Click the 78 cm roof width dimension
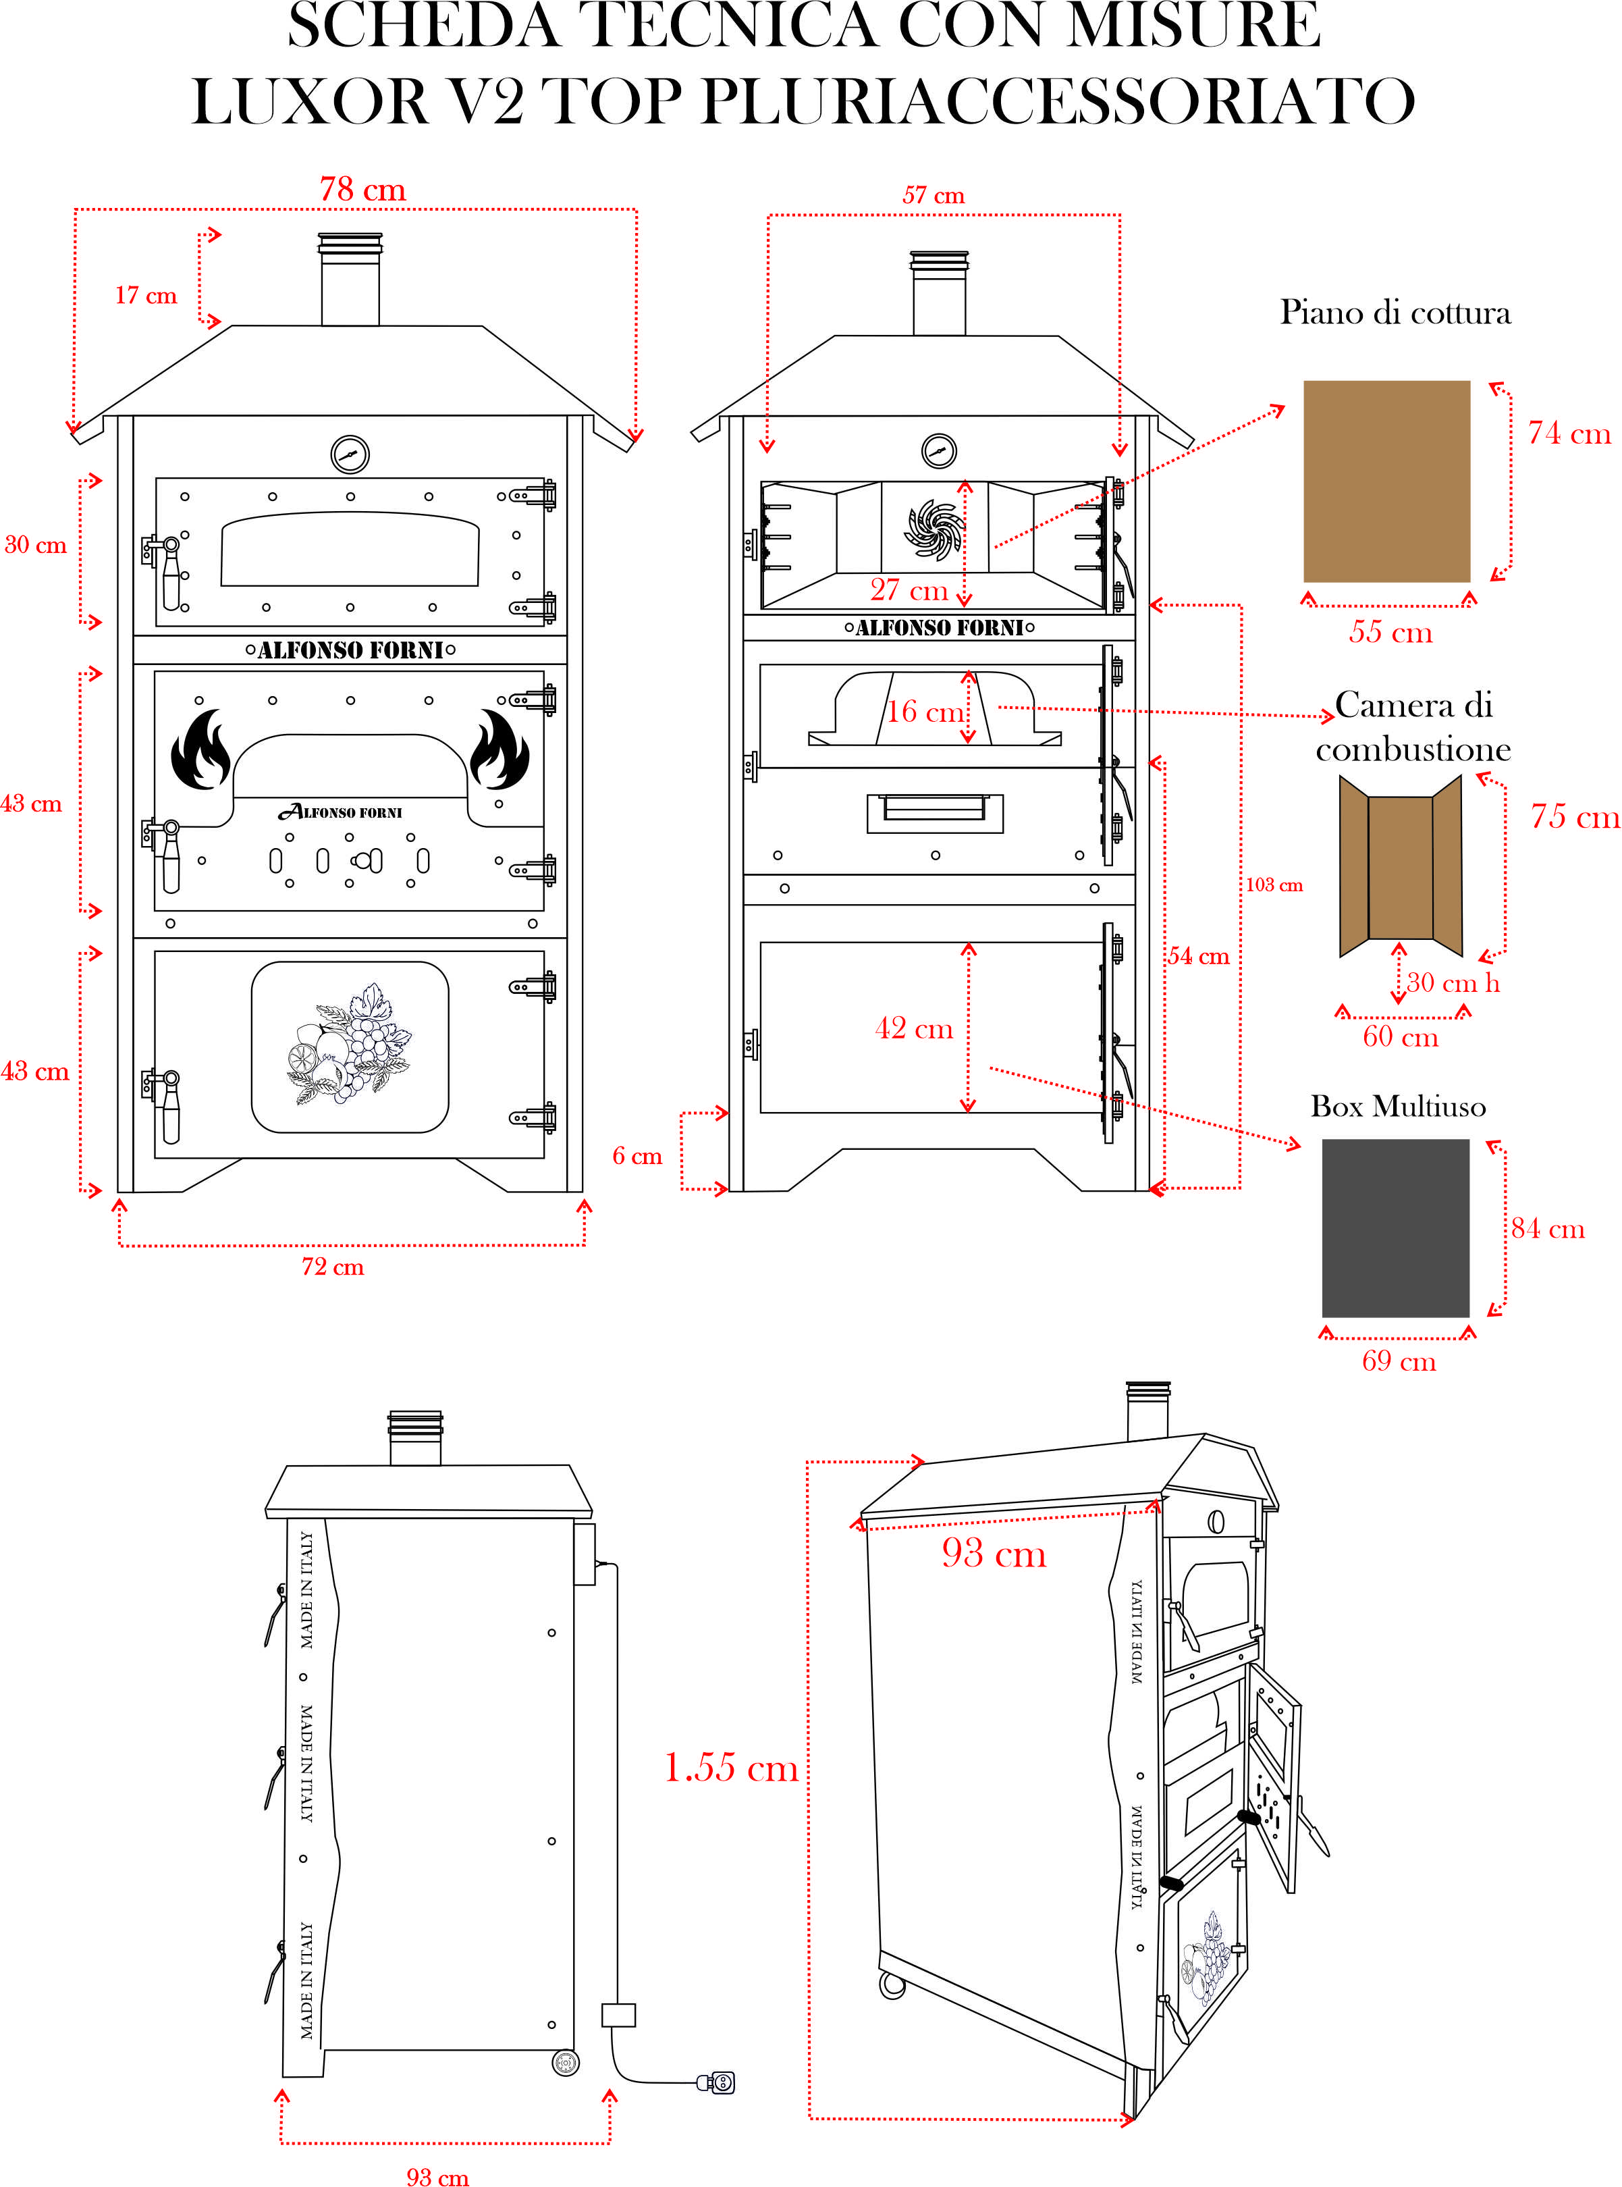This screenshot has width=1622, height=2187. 362,190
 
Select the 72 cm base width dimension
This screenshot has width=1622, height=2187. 332,1267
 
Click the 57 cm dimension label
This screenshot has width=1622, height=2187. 933,195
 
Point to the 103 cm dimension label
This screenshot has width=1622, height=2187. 1274,885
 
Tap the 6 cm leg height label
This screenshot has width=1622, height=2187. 637,1156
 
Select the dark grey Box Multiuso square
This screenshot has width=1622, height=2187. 1395,1228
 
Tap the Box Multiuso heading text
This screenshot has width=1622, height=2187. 1397,1107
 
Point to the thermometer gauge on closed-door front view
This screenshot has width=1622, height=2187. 350,454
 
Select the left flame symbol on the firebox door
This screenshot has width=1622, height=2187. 200,752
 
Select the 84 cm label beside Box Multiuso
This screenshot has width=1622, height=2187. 1547,1228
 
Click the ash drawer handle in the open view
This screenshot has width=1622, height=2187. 934,808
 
